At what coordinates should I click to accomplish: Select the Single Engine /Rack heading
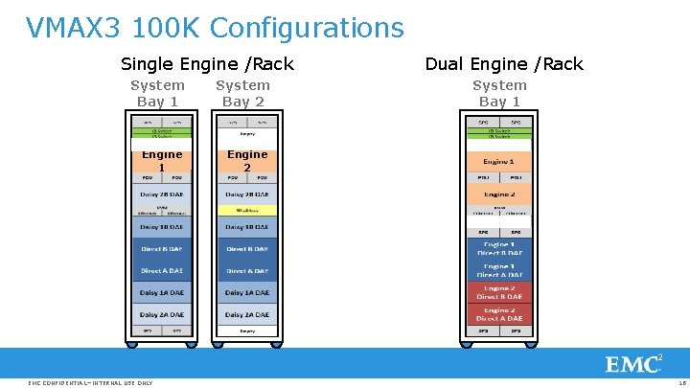207,64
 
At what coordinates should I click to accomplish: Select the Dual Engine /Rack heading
503,64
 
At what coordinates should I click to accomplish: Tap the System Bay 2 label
242,93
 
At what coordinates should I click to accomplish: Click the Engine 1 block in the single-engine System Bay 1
161,160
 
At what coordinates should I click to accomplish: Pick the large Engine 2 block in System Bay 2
247,160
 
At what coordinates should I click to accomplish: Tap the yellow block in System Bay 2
247,210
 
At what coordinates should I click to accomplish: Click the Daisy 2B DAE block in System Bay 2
247,194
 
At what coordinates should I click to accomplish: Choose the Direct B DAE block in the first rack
161,249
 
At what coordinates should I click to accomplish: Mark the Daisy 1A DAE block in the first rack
161,292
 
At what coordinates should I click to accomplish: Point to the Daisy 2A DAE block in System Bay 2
247,314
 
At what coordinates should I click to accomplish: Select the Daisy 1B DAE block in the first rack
161,227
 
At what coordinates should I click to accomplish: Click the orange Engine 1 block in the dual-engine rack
498,161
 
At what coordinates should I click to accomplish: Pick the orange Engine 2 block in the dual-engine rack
498,194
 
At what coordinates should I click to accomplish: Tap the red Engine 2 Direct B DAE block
498,291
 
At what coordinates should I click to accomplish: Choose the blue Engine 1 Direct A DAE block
498,270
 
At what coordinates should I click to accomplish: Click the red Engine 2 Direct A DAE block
498,314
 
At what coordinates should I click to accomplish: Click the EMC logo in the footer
632,365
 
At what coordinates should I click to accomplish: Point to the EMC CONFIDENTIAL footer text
91,383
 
